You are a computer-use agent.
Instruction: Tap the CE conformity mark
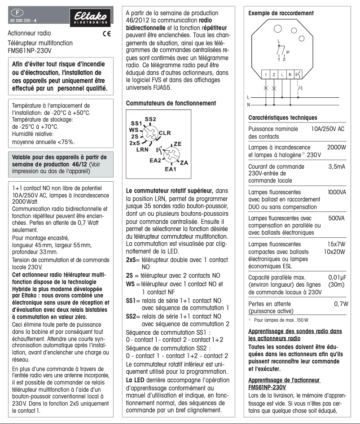pyautogui.click(x=106, y=34)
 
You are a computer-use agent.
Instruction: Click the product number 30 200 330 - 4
pyautogui.click(x=25, y=21)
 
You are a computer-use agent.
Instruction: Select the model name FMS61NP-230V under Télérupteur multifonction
pyautogui.click(x=30, y=51)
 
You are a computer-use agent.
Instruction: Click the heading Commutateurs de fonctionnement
pyautogui.click(x=171, y=103)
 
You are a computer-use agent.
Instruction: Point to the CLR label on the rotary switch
pyautogui.click(x=165, y=133)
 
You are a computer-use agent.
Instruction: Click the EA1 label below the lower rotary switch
pyautogui.click(x=170, y=170)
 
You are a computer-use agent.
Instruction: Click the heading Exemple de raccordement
pyautogui.click(x=281, y=13)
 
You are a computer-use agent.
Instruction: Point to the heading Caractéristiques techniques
pyautogui.click(x=283, y=118)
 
